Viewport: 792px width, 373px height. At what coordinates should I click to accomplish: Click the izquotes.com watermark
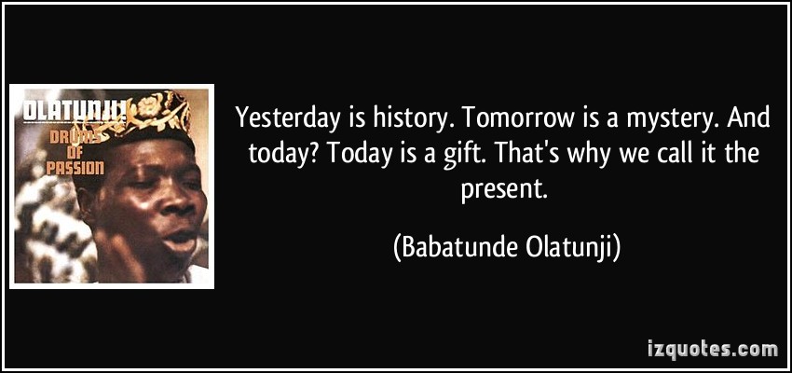click(713, 349)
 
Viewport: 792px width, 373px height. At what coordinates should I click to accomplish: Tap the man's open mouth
click(179, 238)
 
